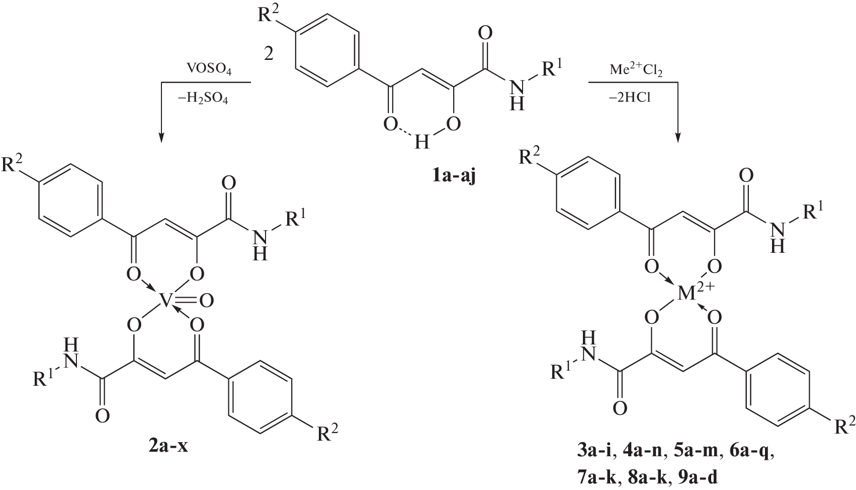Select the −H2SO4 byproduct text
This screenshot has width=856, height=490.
(x=207, y=100)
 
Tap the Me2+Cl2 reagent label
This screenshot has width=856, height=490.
(x=636, y=69)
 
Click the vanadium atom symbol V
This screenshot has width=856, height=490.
(x=166, y=301)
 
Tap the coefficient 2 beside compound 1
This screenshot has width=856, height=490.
(x=269, y=54)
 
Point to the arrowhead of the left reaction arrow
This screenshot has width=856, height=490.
(x=161, y=138)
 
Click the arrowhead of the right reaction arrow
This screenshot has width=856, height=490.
(x=678, y=138)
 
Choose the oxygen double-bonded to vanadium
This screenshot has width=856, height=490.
(x=207, y=301)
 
